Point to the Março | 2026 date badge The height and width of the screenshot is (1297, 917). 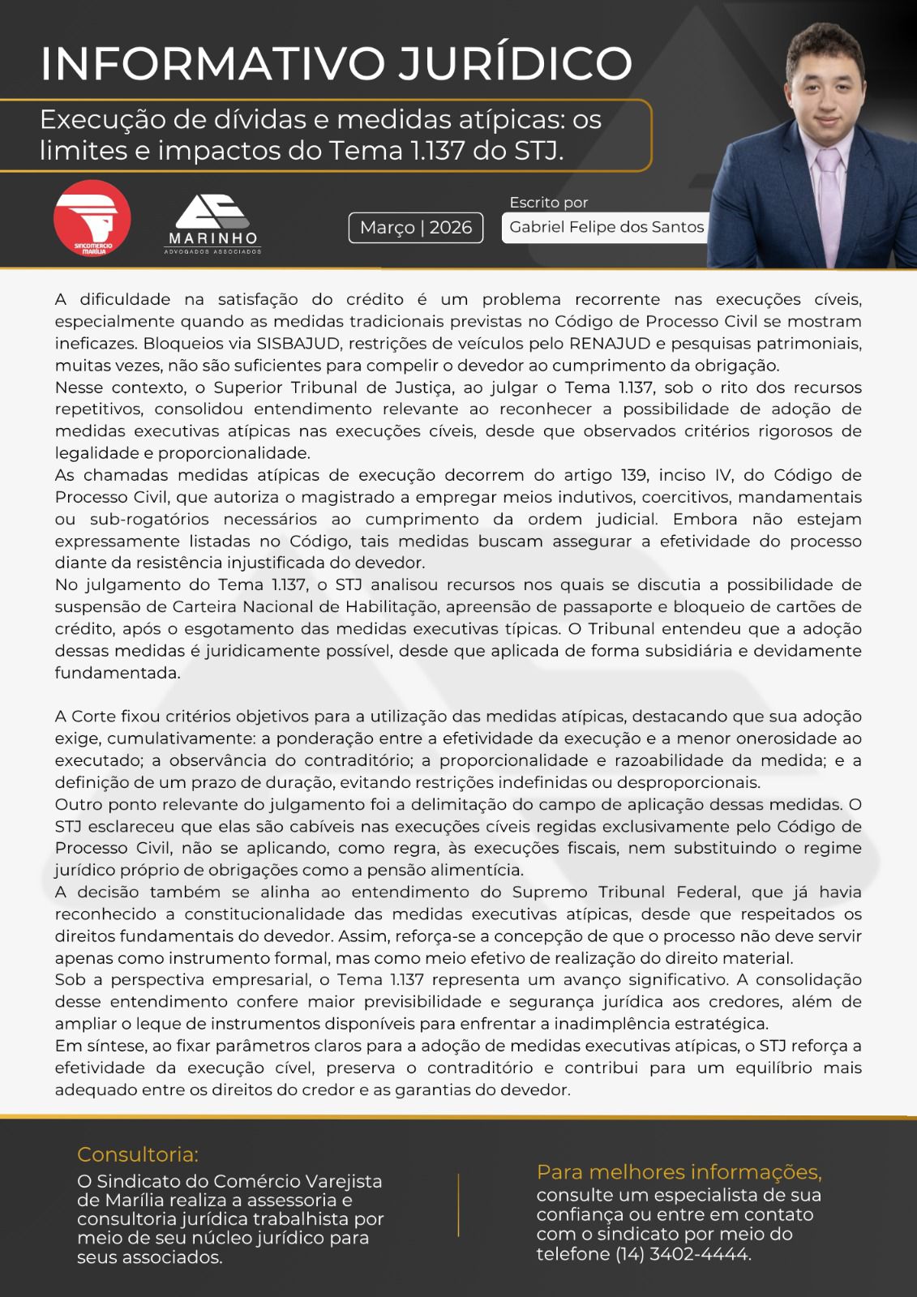click(x=416, y=228)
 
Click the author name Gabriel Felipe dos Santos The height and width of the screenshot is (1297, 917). click(x=606, y=228)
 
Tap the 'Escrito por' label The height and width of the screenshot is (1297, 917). click(x=549, y=203)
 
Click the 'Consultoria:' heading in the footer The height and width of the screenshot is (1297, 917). click(x=138, y=1154)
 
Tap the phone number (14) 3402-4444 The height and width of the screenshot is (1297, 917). click(x=683, y=1254)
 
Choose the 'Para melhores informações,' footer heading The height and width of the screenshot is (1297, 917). click(x=679, y=1172)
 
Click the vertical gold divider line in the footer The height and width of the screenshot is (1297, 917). click(x=458, y=1205)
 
